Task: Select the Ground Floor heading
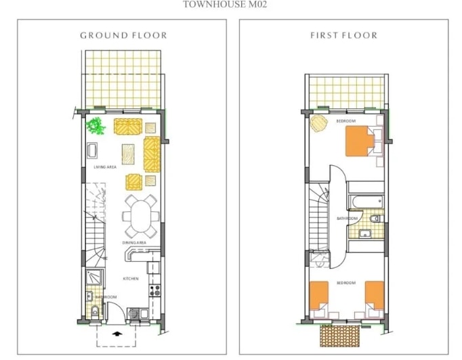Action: (x=123, y=35)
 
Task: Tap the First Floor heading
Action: (x=343, y=35)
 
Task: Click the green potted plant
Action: (x=96, y=125)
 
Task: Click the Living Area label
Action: (x=105, y=166)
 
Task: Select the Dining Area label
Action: (x=134, y=242)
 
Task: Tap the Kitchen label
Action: (x=131, y=278)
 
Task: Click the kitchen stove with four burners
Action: (x=154, y=292)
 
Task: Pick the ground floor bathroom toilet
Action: (x=95, y=312)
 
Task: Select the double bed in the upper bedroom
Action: (x=360, y=141)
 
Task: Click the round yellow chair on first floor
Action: (x=318, y=124)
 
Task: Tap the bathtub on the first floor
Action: (x=366, y=202)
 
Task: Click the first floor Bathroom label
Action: (x=347, y=219)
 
